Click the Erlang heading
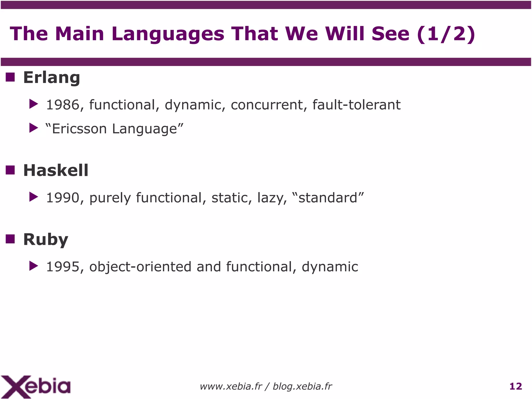click(51, 77)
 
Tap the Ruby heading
click(45, 239)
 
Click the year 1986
click(63, 105)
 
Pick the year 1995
click(63, 267)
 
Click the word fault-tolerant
click(356, 105)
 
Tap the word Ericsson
click(79, 129)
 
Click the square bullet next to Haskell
click(10, 170)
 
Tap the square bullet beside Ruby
click(10, 239)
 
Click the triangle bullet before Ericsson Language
click(34, 128)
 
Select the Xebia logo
click(36, 387)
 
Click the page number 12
click(516, 386)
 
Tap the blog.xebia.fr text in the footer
click(302, 387)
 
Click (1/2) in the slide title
click(446, 34)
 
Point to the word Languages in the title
click(168, 34)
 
